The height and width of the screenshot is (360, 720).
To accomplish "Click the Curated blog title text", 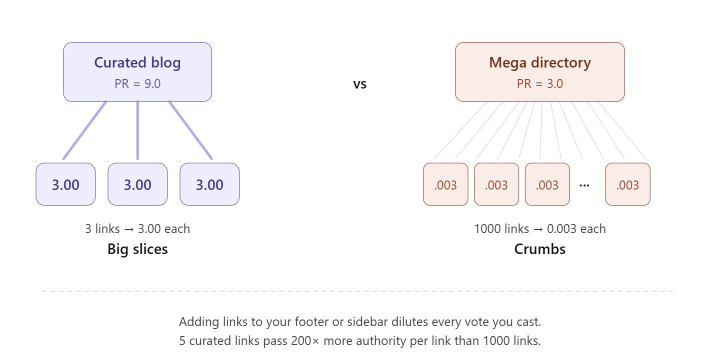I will tap(137, 63).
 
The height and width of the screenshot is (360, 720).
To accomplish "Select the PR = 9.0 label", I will tap(137, 83).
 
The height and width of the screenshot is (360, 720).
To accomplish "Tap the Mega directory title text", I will tap(540, 63).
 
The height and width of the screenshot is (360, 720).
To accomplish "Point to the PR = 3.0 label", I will tap(540, 83).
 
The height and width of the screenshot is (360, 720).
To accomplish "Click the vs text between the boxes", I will tap(360, 84).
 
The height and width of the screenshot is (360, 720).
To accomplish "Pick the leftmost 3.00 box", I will tap(65, 184).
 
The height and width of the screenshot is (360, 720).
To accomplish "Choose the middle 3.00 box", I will tap(137, 184).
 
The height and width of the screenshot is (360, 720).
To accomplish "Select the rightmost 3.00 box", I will tap(209, 184).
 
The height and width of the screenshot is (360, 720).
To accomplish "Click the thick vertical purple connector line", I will tap(137, 130).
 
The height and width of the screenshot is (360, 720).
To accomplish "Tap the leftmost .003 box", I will tap(445, 184).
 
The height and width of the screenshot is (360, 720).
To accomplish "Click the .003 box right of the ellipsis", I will tap(627, 184).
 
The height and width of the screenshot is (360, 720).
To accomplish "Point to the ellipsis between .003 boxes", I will tap(584, 185).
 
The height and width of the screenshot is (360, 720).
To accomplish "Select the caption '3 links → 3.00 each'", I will tap(137, 229).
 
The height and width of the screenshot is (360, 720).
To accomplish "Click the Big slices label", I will tap(137, 249).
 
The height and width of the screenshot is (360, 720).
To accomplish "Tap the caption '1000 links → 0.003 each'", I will tap(540, 229).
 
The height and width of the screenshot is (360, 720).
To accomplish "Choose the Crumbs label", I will tap(540, 249).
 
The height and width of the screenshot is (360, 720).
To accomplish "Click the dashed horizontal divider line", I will tap(357, 290).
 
